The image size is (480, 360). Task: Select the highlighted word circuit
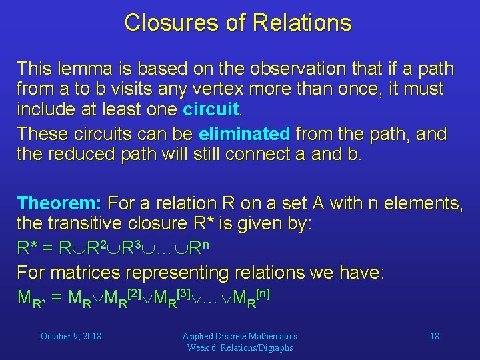point(210,108)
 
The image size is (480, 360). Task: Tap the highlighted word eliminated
point(244,134)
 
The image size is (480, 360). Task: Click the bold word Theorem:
point(60,202)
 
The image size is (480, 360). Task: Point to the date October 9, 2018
point(71,336)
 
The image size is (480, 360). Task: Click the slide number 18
point(434,336)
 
